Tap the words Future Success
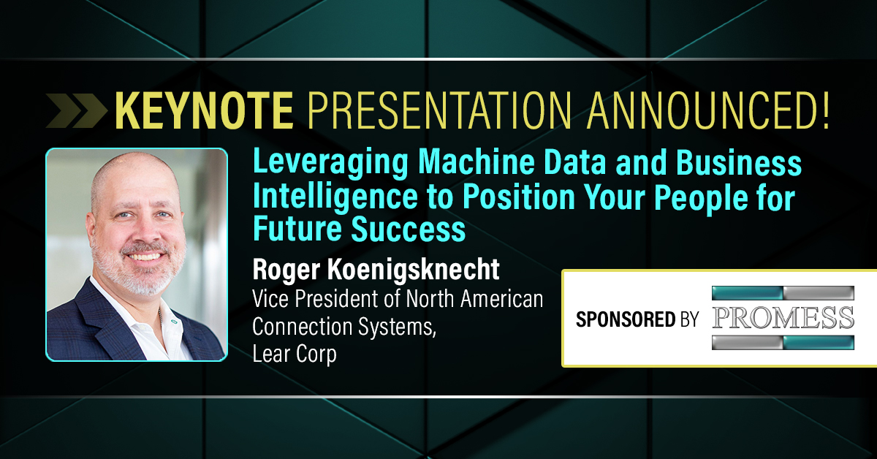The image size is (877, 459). click(359, 229)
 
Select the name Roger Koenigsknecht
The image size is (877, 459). click(376, 270)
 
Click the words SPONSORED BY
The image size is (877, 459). click(637, 319)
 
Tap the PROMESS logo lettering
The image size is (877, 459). click(783, 318)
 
